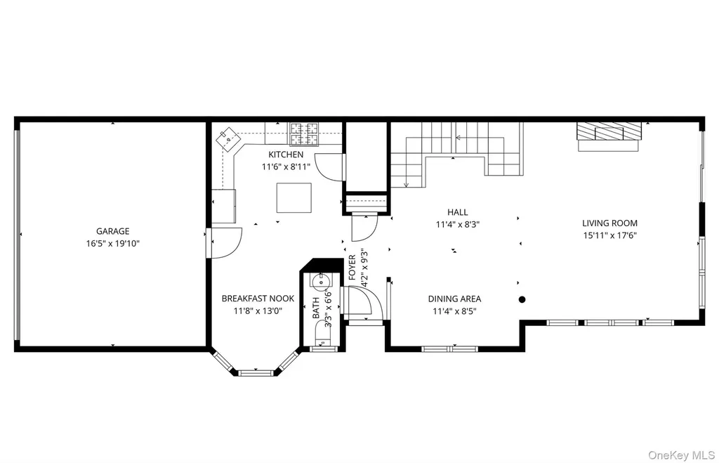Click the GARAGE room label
point(112,231)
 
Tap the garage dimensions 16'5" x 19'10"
point(112,244)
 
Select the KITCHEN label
point(286,155)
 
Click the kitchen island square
point(294,197)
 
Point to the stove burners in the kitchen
point(304,133)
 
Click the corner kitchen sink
point(228,139)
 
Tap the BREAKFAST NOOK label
point(258,299)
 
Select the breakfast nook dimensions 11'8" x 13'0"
point(258,311)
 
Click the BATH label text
point(316,308)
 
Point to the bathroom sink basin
point(321,280)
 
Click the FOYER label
point(352,268)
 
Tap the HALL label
point(458,212)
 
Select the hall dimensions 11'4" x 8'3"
point(458,225)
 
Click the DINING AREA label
point(454,299)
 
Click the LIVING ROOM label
point(609,223)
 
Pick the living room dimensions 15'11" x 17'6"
point(609,236)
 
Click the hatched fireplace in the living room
point(609,131)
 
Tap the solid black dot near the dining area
point(522,299)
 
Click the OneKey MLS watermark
point(681,455)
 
